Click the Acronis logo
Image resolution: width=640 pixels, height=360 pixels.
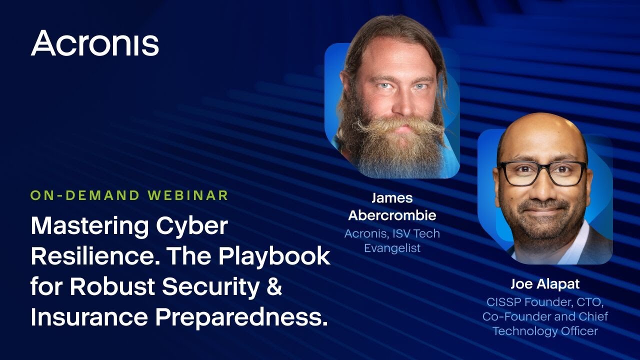tap(94, 43)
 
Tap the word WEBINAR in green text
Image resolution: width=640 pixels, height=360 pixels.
tap(188, 195)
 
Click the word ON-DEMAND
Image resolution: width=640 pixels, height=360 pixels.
tap(85, 195)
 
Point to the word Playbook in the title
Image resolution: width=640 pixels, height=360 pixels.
tap(274, 257)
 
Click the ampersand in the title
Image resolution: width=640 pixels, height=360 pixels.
tap(275, 286)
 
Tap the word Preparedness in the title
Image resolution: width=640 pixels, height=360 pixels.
tap(241, 317)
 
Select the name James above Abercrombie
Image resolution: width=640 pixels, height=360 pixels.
tap(392, 198)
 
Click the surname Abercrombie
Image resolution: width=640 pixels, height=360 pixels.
tap(392, 215)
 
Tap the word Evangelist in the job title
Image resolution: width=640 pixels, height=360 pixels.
tap(392, 248)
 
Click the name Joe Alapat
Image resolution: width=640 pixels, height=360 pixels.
tap(545, 284)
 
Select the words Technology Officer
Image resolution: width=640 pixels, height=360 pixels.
tap(545, 331)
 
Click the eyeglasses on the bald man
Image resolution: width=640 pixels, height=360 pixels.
tap(542, 173)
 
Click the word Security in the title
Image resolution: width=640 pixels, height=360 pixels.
tap(211, 287)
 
